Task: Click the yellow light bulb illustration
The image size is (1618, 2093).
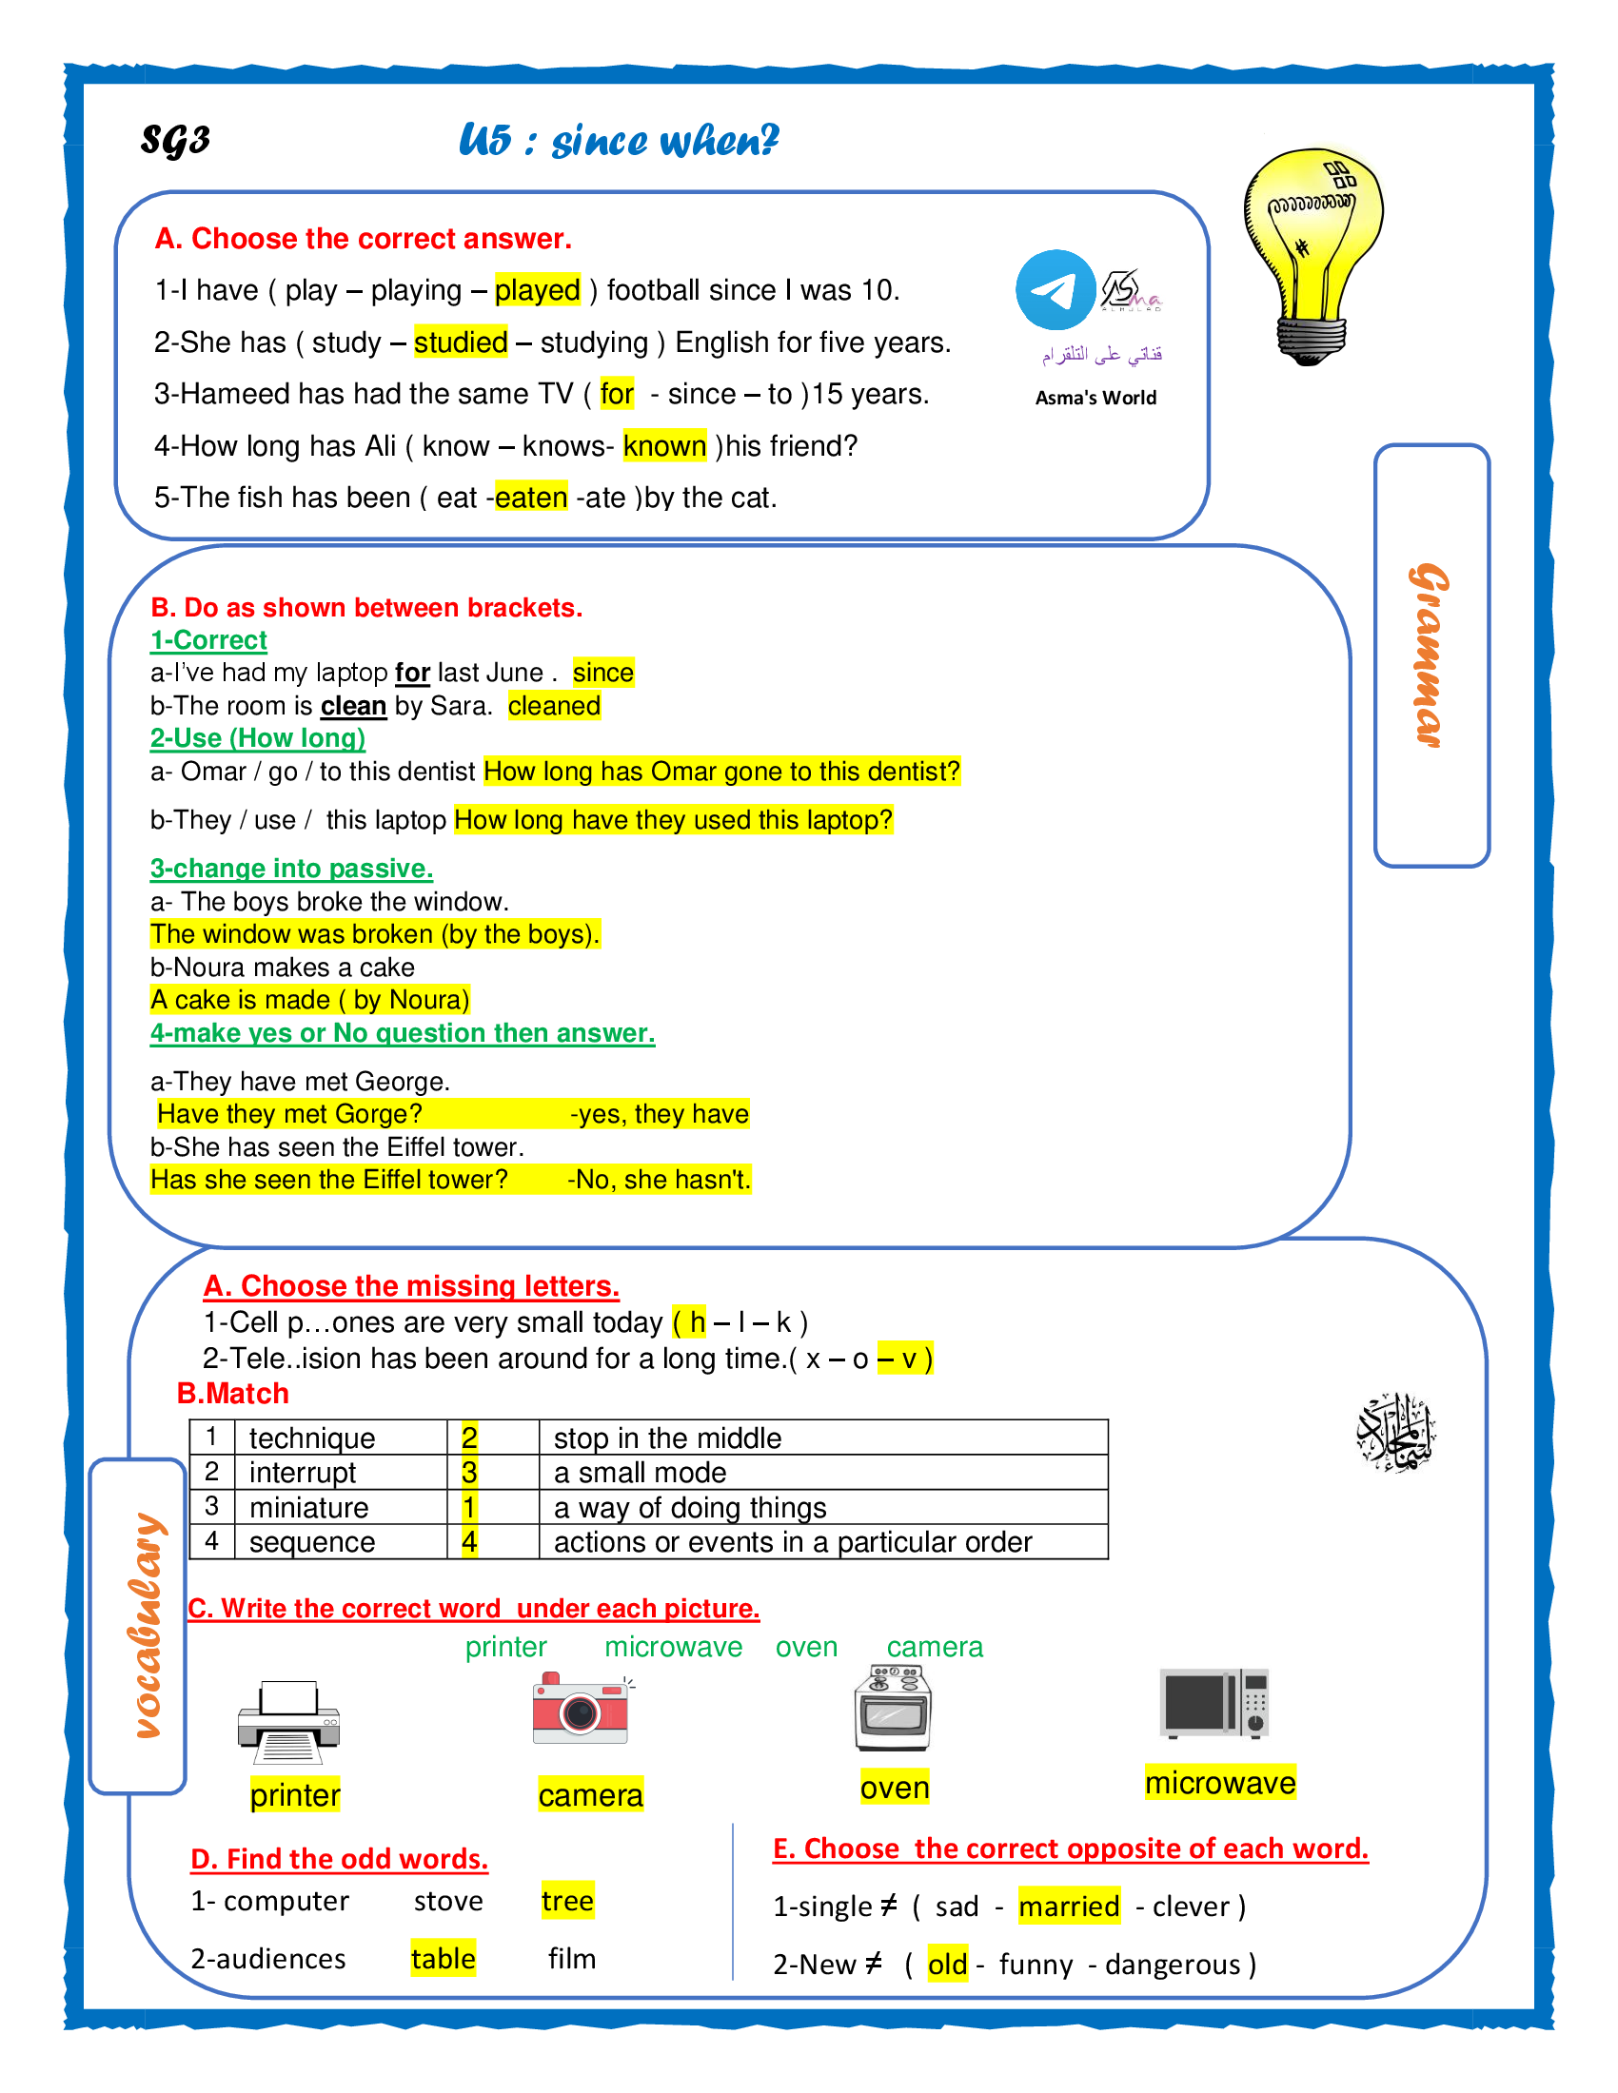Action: (x=1313, y=254)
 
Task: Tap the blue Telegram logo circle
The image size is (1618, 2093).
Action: (x=1056, y=290)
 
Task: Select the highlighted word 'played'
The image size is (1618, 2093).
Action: (x=538, y=290)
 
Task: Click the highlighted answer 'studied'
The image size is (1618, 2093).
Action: (x=460, y=342)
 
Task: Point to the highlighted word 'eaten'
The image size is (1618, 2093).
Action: (x=531, y=498)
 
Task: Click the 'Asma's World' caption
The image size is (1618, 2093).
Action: (x=1095, y=398)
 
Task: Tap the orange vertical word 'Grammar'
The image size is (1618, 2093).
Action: (x=1431, y=655)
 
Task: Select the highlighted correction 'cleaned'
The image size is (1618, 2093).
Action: (x=554, y=706)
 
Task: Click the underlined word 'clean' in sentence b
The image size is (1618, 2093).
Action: (x=353, y=706)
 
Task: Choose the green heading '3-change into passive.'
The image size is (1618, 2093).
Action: (x=291, y=869)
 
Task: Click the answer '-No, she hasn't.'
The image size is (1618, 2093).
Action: (x=659, y=1180)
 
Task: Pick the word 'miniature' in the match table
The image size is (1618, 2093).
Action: (x=308, y=1508)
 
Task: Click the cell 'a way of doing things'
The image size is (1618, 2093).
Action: (x=690, y=1508)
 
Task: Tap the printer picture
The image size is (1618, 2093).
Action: (x=288, y=1721)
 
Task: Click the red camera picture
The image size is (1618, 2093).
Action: (x=581, y=1710)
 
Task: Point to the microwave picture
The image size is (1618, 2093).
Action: (x=1214, y=1704)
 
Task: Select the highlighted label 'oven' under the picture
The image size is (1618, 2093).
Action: (x=895, y=1789)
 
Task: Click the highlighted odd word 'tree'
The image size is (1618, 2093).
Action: (x=567, y=1902)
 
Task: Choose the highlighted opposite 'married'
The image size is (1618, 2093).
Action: (x=1069, y=1907)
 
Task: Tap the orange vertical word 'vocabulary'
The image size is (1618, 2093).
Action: (x=146, y=1625)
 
